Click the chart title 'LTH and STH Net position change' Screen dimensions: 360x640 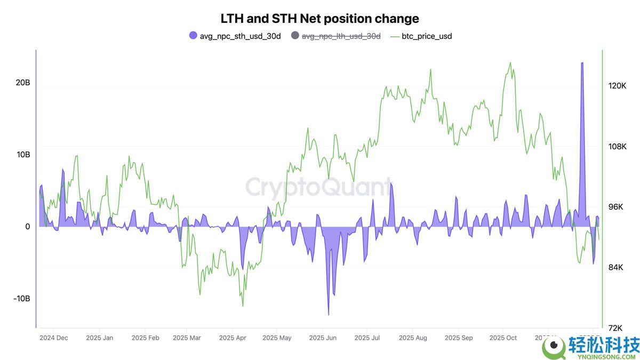[x=319, y=19]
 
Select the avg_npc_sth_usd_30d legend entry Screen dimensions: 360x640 [x=235, y=36]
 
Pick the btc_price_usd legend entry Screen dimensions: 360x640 [x=427, y=36]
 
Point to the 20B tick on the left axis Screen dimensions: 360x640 [x=23, y=83]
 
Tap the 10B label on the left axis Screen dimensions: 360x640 [x=23, y=155]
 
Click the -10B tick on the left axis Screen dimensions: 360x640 [x=22, y=298]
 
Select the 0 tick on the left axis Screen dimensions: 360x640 [x=27, y=227]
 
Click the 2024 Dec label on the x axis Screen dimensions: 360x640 [x=53, y=338]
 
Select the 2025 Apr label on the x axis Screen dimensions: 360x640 [x=233, y=338]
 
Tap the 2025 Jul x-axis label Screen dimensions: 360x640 [x=367, y=338]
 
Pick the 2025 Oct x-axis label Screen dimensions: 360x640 [x=503, y=338]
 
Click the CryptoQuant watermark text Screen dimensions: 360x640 [x=318, y=188]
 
